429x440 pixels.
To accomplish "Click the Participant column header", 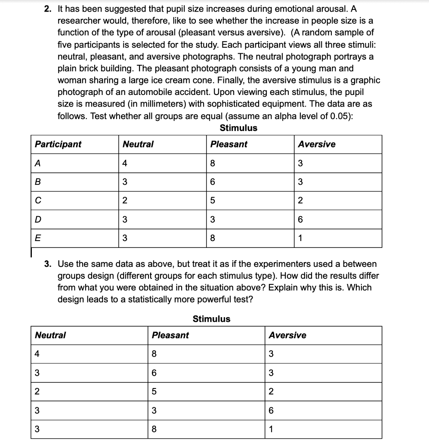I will click(58, 144).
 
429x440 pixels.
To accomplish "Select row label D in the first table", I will click(38, 220).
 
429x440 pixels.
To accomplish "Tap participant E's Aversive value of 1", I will click(301, 238).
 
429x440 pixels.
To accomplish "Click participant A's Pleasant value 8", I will click(213, 163).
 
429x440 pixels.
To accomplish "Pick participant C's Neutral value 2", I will click(125, 201).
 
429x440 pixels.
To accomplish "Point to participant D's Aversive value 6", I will click(301, 220).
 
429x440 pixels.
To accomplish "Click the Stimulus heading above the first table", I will click(238, 128).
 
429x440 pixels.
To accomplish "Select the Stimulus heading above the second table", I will click(211, 319).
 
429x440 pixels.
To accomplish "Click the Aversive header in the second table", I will click(287, 335).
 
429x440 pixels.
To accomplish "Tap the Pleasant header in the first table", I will click(229, 144).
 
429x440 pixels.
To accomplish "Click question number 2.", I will click(48, 9).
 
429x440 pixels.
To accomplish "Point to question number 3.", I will click(48, 264).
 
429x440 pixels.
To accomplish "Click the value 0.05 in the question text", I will click(340, 116).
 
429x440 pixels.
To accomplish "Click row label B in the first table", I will click(38, 182).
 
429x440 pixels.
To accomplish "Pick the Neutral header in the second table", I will click(50, 335).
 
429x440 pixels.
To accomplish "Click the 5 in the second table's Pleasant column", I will click(154, 391).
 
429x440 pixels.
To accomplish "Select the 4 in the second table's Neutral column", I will click(37, 354).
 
